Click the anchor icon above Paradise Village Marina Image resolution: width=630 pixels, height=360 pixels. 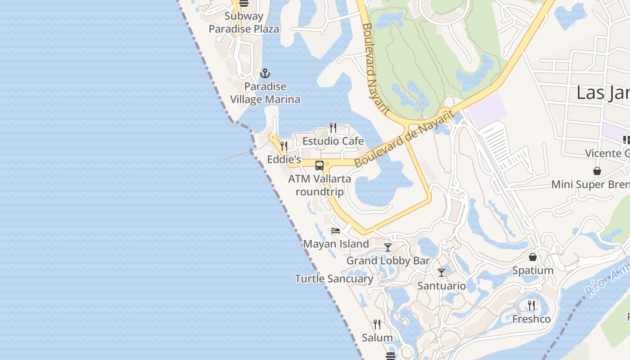(x=265, y=73)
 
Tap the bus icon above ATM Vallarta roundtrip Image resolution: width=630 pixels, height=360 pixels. (x=319, y=165)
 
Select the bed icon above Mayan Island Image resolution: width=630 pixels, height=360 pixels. (x=336, y=231)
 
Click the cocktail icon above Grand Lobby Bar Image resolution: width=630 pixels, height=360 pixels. (x=388, y=247)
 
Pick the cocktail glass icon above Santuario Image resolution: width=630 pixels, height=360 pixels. (x=441, y=272)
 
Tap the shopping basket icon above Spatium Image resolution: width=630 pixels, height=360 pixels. (x=533, y=257)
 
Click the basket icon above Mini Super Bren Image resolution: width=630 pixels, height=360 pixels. (x=597, y=171)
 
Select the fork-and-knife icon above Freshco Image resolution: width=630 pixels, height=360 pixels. (x=531, y=305)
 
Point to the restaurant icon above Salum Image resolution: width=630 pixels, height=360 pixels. (x=377, y=324)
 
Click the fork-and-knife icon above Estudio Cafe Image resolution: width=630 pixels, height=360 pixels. (x=333, y=128)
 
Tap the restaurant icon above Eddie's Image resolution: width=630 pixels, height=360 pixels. (x=284, y=146)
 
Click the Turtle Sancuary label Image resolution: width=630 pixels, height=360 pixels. (x=334, y=279)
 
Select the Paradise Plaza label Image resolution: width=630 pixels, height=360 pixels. (x=244, y=29)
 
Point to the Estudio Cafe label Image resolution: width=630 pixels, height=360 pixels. (x=333, y=141)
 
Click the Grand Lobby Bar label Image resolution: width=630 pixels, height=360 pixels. (x=388, y=261)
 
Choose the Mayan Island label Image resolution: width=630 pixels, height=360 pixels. (x=336, y=244)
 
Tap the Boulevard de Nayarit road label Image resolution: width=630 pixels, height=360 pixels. (x=403, y=139)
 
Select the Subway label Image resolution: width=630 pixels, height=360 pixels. (x=244, y=16)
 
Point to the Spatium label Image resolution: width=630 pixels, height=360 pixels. (x=533, y=270)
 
